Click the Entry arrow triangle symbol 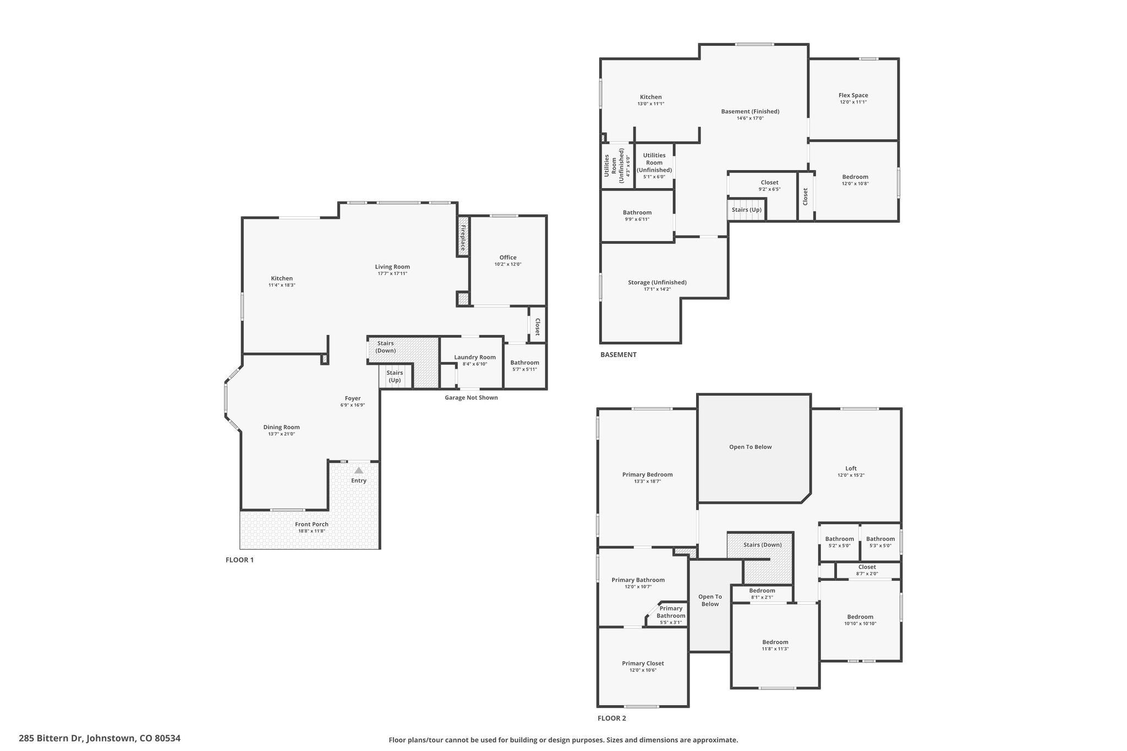(359, 470)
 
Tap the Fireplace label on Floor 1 (463, 237)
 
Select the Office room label (508, 257)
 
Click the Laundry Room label (475, 357)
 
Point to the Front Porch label (311, 524)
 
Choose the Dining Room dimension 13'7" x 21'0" (281, 434)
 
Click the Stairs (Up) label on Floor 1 (395, 376)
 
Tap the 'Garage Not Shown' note (471, 398)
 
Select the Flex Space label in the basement (853, 95)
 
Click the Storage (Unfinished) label (657, 282)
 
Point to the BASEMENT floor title (619, 355)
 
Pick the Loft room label (851, 469)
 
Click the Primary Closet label (643, 664)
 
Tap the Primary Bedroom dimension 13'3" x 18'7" (647, 481)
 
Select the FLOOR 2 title (612, 718)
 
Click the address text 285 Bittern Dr (51, 738)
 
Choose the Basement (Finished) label (750, 111)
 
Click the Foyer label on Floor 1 (353, 398)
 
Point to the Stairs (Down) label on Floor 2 (762, 545)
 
